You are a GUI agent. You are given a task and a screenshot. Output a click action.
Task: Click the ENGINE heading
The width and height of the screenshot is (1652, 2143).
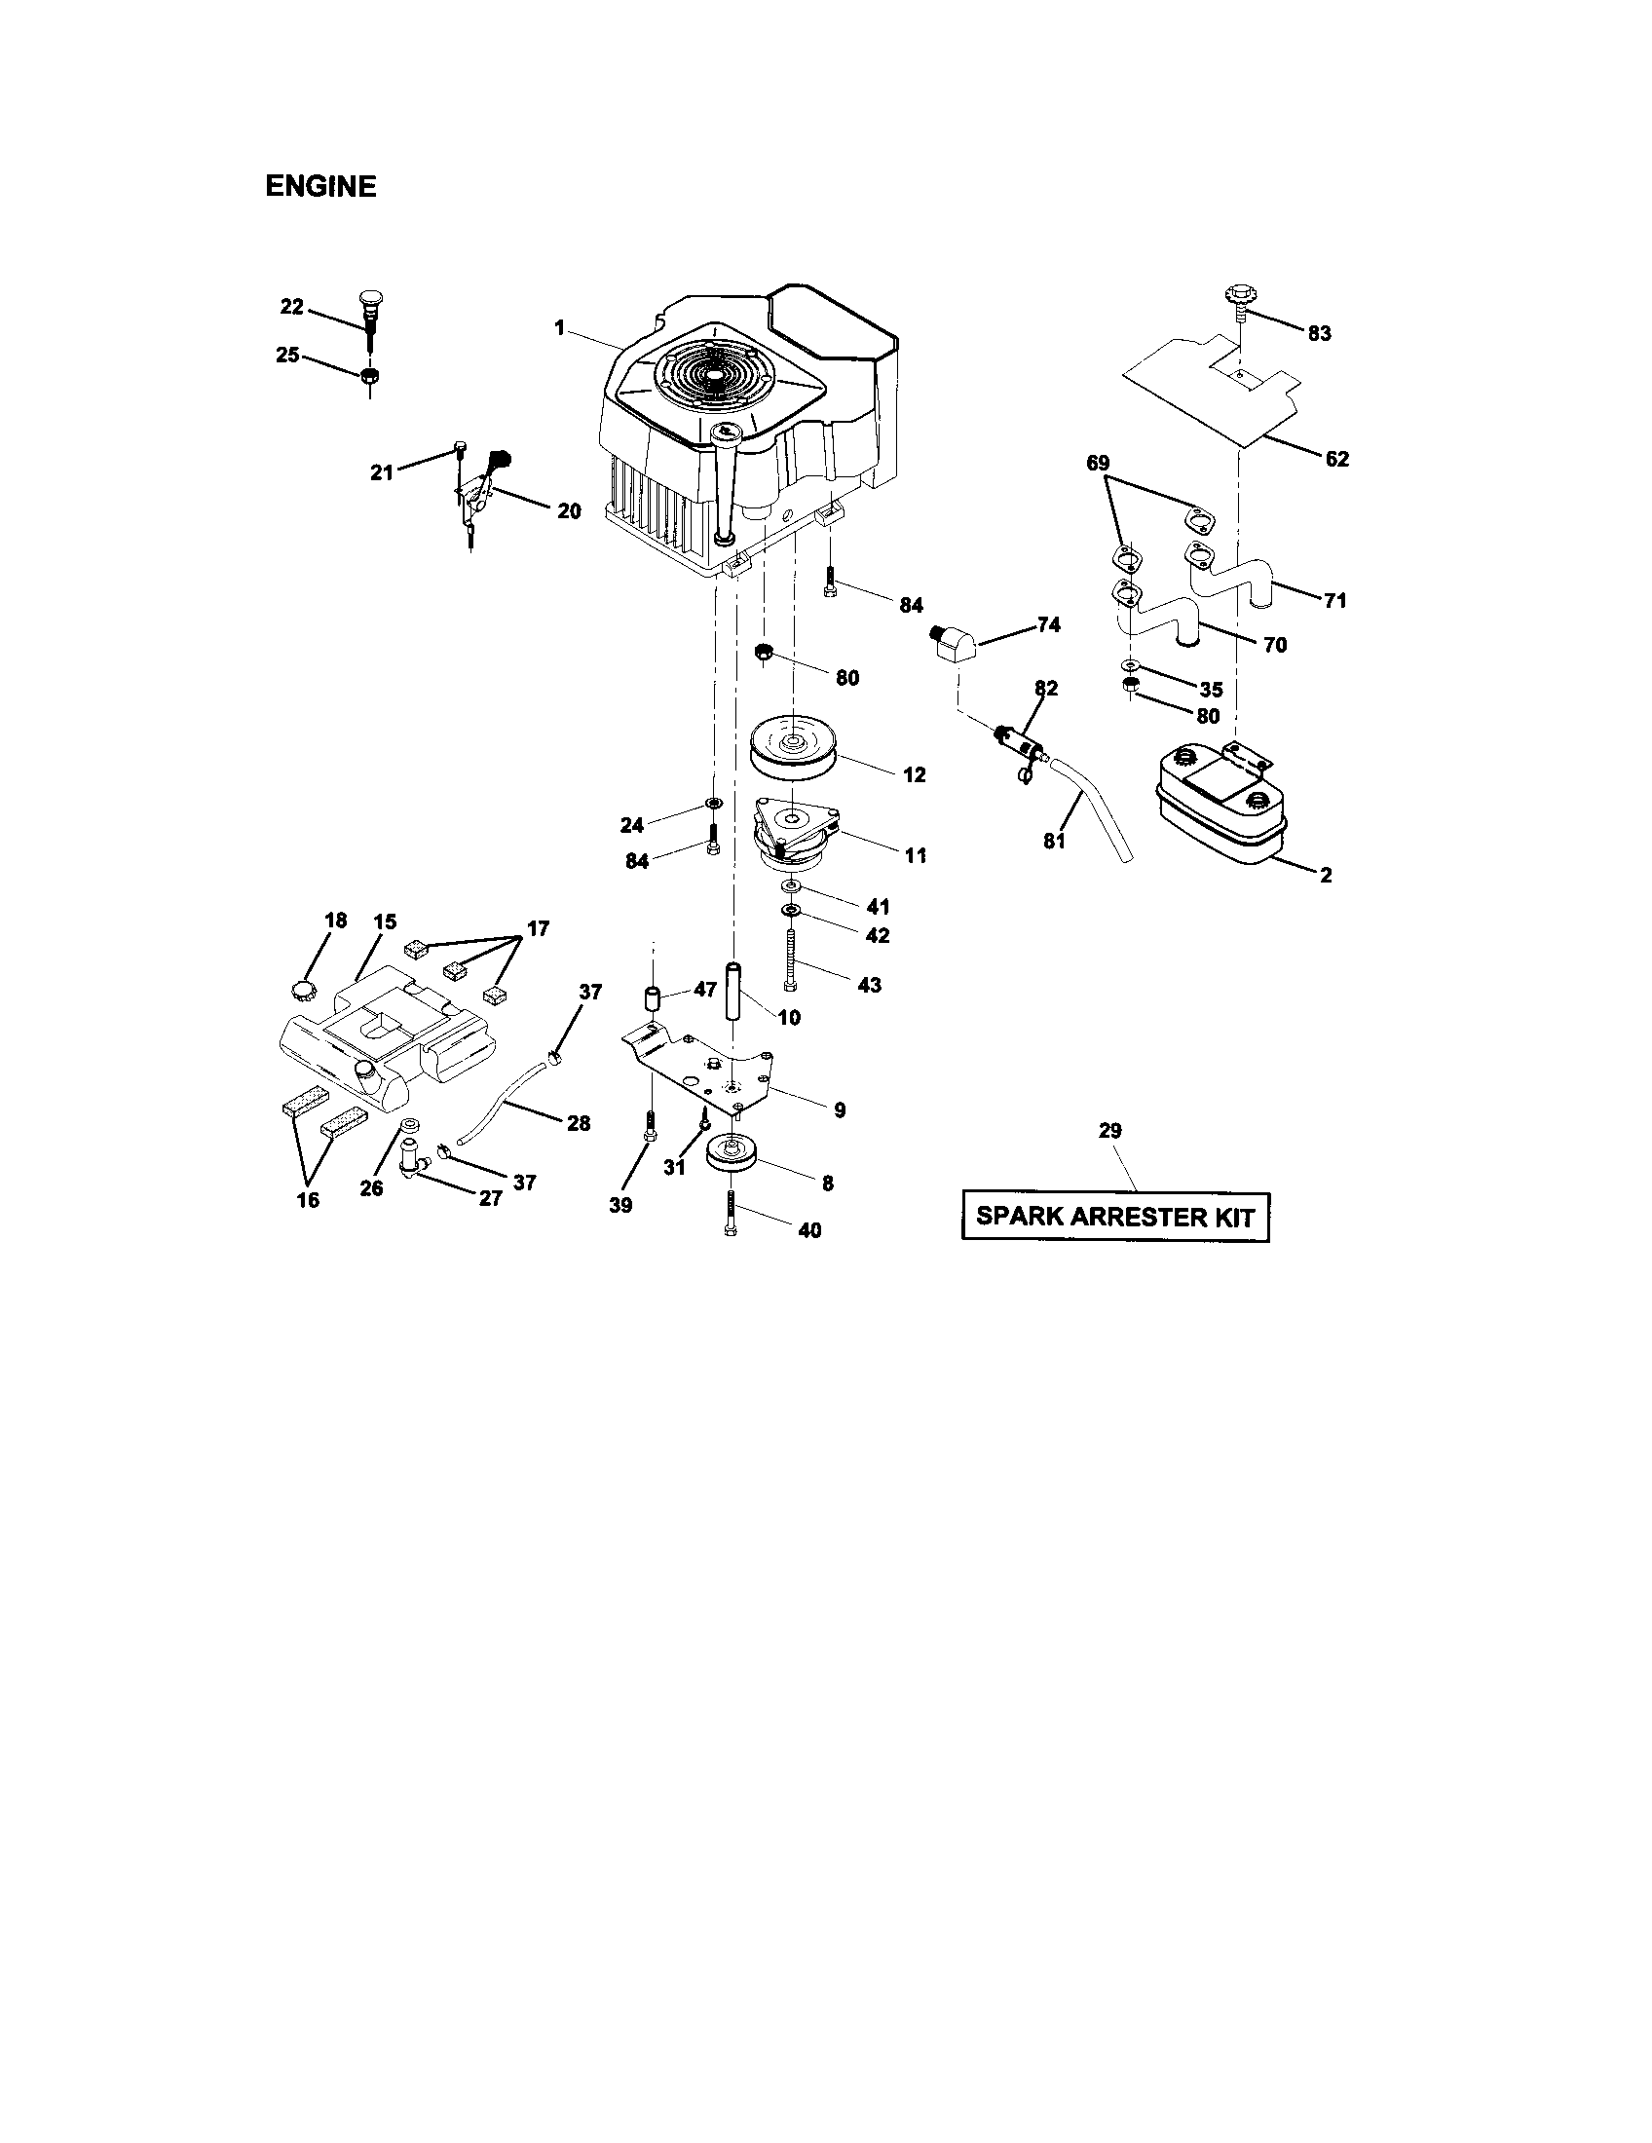pyautogui.click(x=319, y=186)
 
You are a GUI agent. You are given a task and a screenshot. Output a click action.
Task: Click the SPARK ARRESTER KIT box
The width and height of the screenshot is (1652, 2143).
pyautogui.click(x=1114, y=1217)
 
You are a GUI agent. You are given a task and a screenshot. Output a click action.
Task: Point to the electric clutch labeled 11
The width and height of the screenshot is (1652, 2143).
pyautogui.click(x=793, y=834)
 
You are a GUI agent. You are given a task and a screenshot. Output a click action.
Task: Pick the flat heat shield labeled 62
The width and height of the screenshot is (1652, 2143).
pyautogui.click(x=1217, y=393)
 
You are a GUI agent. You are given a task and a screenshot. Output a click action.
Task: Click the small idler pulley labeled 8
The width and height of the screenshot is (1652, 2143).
pyautogui.click(x=731, y=1151)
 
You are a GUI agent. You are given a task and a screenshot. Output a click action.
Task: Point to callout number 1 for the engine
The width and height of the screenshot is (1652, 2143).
pyautogui.click(x=559, y=327)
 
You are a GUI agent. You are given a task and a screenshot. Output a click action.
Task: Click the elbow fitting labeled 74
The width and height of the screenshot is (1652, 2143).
pyautogui.click(x=952, y=648)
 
